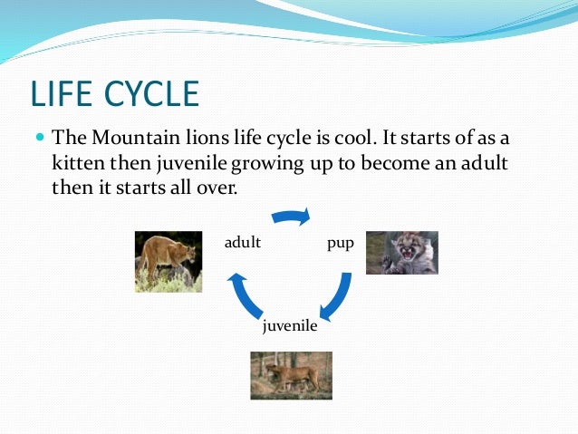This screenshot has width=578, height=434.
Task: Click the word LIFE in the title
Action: pyautogui.click(x=62, y=93)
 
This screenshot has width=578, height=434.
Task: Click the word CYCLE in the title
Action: pyautogui.click(x=152, y=93)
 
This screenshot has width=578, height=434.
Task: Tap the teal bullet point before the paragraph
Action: pyautogui.click(x=40, y=138)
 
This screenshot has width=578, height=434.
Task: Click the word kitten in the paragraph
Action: pyautogui.click(x=79, y=162)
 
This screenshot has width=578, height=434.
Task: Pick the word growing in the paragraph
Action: pyautogui.click(x=267, y=164)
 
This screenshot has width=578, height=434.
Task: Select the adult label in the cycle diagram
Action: pyautogui.click(x=243, y=242)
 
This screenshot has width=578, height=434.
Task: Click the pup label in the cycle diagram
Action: pyautogui.click(x=341, y=244)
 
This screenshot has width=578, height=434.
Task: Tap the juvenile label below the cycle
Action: pyautogui.click(x=290, y=326)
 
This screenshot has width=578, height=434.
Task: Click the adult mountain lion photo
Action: pyautogui.click(x=169, y=262)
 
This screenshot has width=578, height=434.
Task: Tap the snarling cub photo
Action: pyautogui.click(x=402, y=253)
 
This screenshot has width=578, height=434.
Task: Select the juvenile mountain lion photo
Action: pyautogui.click(x=291, y=375)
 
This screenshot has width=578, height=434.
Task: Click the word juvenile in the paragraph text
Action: pyautogui.click(x=191, y=164)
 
